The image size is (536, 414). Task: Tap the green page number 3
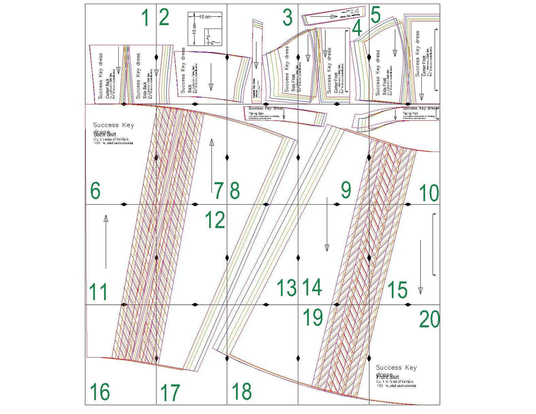coord(287,18)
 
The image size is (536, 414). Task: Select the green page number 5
coord(375,16)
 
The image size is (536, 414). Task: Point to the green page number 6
coord(95,191)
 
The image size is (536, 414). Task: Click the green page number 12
coord(215,220)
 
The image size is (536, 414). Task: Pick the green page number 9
coord(346,190)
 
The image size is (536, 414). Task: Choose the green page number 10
coord(429,193)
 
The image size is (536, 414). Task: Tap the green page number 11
coord(98,292)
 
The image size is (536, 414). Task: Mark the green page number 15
coord(397,290)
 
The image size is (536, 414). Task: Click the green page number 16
coord(100,392)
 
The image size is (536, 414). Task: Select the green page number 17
coord(170,393)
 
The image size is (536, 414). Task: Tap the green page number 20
coord(430,319)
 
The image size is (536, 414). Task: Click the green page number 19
coord(313,318)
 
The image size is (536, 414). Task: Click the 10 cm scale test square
coord(205,29)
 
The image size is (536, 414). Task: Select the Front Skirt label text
coord(388,377)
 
